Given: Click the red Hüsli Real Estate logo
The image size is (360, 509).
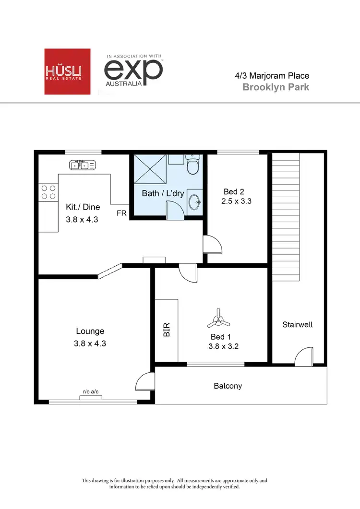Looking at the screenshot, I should pyautogui.click(x=67, y=71).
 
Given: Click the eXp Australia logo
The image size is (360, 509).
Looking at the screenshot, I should pyautogui.click(x=134, y=71).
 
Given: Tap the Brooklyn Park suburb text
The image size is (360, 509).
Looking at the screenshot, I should pyautogui.click(x=276, y=87).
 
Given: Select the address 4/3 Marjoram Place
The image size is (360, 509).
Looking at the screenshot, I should pyautogui.click(x=272, y=75).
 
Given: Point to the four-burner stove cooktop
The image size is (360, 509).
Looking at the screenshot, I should pyautogui.click(x=48, y=192).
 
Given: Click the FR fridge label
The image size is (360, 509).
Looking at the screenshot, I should pyautogui.click(x=122, y=213).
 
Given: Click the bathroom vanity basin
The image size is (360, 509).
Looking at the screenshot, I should pyautogui.click(x=194, y=201).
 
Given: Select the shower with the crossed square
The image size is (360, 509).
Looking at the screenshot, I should pyautogui.click(x=150, y=169).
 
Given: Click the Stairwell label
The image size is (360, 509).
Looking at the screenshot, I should pyautogui.click(x=297, y=325).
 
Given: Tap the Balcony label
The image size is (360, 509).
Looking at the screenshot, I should pyautogui.click(x=228, y=386).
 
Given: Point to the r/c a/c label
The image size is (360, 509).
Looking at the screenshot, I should pyautogui.click(x=91, y=392).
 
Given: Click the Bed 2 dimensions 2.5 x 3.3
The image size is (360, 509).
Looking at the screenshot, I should pyautogui.click(x=236, y=201).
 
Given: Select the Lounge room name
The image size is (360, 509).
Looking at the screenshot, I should pyautogui.click(x=90, y=331).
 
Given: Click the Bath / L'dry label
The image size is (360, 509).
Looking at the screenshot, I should pyautogui.click(x=163, y=193).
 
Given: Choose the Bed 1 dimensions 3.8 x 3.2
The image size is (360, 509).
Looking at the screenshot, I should pyautogui.click(x=224, y=346).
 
